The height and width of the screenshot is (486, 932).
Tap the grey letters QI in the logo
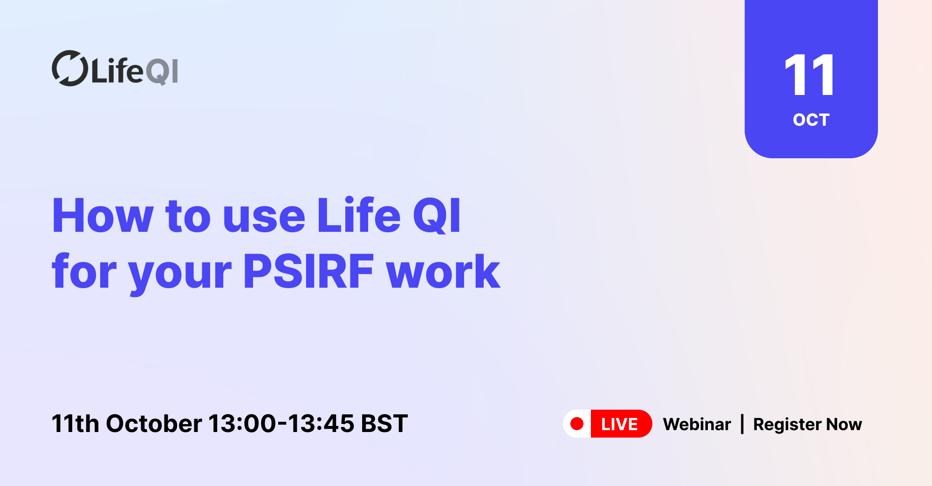pos(162,72)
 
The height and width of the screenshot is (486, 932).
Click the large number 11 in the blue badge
pos(810,74)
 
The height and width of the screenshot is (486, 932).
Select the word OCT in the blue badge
pos(811,120)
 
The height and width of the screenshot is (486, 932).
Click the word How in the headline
pos(103,216)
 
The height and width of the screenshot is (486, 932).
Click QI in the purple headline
pos(437,216)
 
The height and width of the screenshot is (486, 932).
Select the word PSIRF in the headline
pos(308,271)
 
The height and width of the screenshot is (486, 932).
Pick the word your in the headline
pos(180,276)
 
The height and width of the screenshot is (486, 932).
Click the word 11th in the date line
pos(75,424)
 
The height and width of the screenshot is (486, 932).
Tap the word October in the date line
pos(154,424)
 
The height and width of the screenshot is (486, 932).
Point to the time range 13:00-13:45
pos(281,424)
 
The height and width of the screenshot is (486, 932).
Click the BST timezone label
pos(384,424)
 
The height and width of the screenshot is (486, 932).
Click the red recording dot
pos(577,424)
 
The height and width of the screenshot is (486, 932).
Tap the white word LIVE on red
pos(619,424)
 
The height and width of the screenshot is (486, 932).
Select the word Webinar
pos(697,424)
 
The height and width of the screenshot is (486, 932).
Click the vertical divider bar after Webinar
pos(742,424)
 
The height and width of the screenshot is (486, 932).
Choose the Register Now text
pos(808,425)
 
